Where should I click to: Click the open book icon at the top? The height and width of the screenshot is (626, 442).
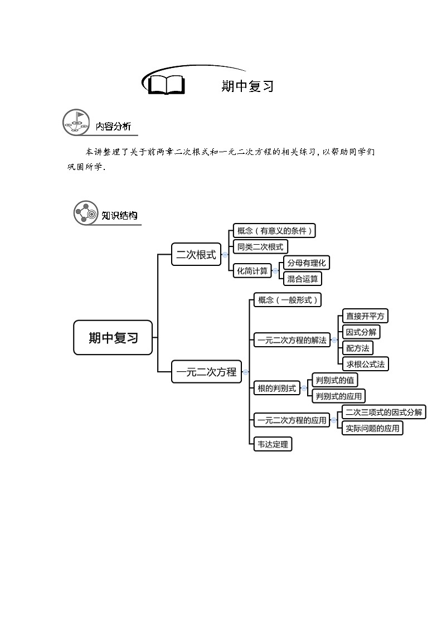click(167, 84)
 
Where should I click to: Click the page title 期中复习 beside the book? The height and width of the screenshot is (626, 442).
click(247, 86)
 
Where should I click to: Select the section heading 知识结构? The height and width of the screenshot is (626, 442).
click(119, 216)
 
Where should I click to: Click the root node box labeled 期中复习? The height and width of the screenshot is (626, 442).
click(113, 338)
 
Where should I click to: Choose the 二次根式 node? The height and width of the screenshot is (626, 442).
click(196, 254)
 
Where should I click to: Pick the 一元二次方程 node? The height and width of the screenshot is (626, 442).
click(206, 372)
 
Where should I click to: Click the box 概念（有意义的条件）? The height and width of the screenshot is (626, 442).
click(274, 231)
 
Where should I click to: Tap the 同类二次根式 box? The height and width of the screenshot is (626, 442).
click(260, 247)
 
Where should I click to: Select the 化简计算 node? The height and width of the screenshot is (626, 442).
click(252, 271)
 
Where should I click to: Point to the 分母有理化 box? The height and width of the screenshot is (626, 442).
click(307, 263)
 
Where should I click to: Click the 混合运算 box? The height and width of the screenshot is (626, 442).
click(303, 279)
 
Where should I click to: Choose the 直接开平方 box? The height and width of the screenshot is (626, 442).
click(365, 316)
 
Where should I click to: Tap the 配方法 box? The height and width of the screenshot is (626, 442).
click(358, 348)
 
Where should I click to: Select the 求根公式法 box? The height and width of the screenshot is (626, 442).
click(365, 363)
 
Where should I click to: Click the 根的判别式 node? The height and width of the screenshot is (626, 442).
click(276, 388)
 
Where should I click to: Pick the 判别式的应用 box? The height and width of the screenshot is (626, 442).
click(338, 396)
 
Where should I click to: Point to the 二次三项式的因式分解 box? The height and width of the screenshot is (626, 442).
click(384, 412)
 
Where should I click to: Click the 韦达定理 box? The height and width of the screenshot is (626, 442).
click(273, 444)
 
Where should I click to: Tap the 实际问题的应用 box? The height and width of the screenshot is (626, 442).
click(372, 428)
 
